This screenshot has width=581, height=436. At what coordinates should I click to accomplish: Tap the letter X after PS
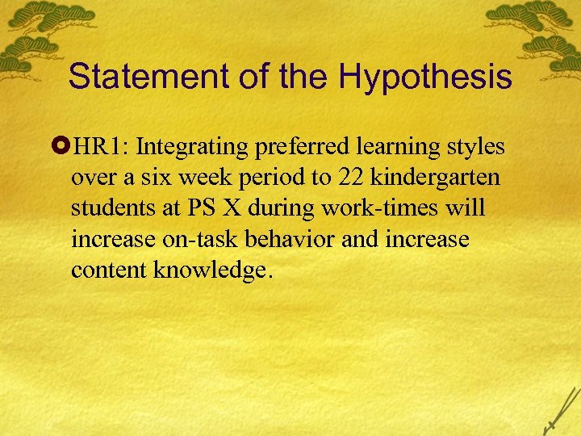pos(232,208)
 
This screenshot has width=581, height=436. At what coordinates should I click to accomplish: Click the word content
pos(106,269)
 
